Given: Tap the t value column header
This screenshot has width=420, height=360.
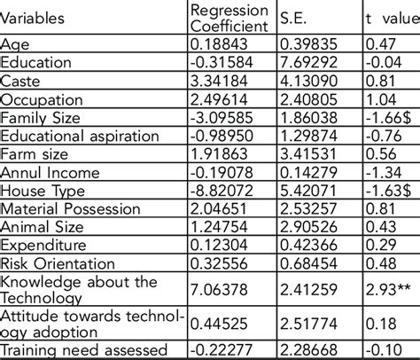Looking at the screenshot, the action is (382, 17).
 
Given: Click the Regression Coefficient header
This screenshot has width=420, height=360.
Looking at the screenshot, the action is (229, 17).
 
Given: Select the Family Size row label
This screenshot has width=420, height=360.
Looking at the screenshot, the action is (41, 117).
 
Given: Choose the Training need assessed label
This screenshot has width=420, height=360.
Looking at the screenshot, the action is (80, 350).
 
